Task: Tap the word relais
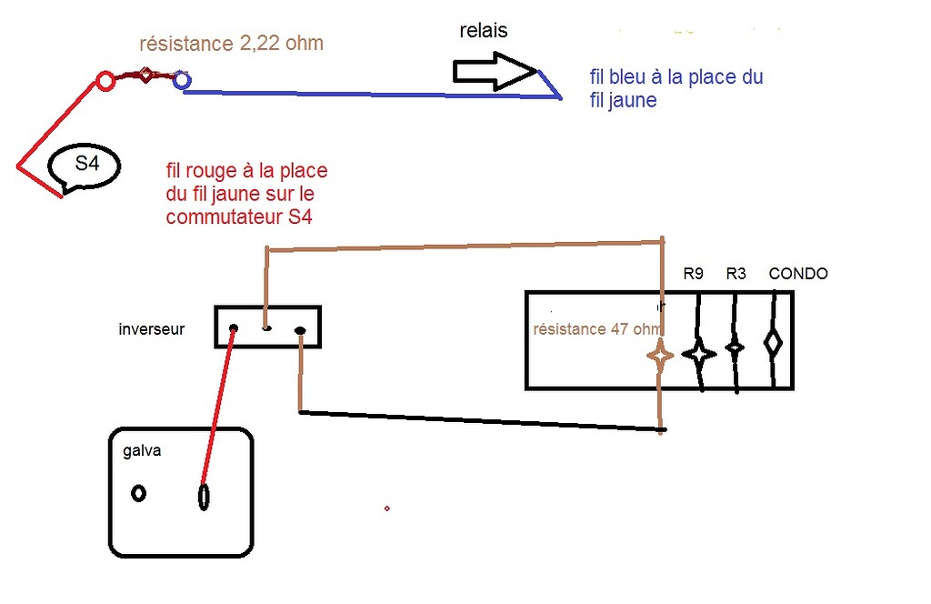click(484, 30)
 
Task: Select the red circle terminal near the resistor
click(105, 81)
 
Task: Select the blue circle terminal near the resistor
click(182, 79)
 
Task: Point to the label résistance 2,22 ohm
click(232, 44)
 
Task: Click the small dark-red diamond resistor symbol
click(145, 75)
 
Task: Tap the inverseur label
click(152, 329)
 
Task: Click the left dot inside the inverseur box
click(234, 328)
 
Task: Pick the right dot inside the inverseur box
click(300, 331)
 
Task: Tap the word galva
click(142, 451)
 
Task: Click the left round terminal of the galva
click(139, 493)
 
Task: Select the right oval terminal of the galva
click(204, 497)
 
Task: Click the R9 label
click(693, 273)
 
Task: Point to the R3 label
click(736, 273)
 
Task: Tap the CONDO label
click(798, 273)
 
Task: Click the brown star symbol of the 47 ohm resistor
click(660, 356)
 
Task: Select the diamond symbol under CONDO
click(773, 343)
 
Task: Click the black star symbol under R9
click(699, 355)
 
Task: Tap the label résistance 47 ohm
click(596, 329)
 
